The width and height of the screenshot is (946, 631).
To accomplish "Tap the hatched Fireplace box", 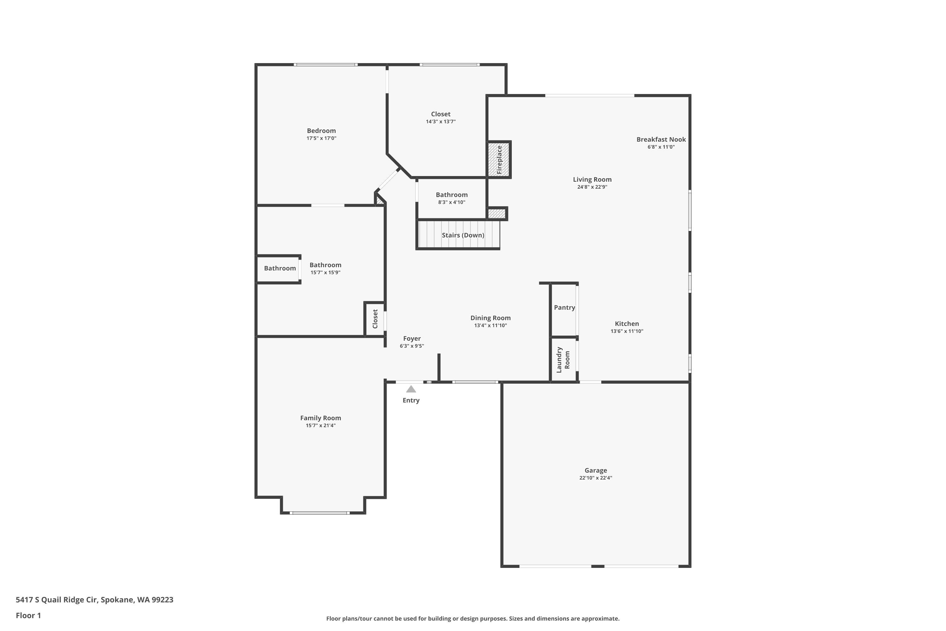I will coord(499,159).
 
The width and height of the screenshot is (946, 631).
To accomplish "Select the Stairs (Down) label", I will coord(463,235).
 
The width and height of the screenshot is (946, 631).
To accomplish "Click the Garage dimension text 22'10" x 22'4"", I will coord(595,478).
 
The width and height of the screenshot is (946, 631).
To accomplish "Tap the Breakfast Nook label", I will coord(661,139).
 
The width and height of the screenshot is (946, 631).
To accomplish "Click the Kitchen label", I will coord(626,324).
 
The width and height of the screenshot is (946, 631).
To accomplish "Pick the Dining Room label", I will coord(490,318).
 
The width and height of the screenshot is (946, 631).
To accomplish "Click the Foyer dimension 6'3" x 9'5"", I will coord(412,346).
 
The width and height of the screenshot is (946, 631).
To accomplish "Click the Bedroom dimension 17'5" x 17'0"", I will coord(321,138).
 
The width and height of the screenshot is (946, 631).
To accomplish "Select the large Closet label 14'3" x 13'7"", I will coord(441,114).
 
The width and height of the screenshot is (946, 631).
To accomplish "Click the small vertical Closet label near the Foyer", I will coord(375,319).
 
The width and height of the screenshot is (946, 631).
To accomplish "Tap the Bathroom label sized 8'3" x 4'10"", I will coord(451,195).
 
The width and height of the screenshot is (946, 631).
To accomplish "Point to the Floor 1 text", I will coord(28,615).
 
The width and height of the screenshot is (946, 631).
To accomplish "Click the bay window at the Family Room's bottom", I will coord(319,513).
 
